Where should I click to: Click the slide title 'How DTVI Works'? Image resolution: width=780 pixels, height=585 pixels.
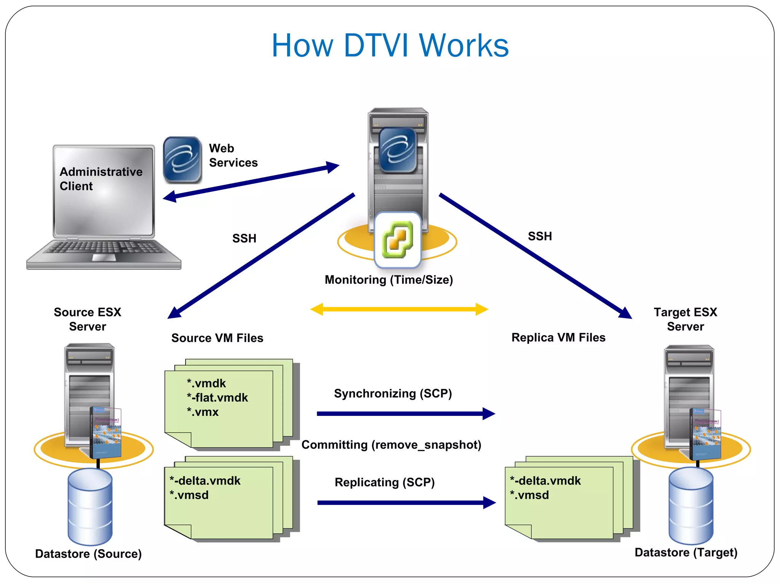point(390,45)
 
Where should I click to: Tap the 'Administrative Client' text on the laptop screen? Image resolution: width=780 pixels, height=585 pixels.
point(101,179)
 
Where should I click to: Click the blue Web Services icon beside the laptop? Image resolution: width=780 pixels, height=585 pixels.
point(182,160)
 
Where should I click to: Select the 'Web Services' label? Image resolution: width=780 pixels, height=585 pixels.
point(233,155)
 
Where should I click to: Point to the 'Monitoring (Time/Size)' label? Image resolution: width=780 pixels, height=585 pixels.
point(388,280)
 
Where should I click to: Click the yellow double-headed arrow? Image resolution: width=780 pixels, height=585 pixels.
point(399,309)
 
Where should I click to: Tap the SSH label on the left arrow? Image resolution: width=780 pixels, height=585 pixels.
point(244,238)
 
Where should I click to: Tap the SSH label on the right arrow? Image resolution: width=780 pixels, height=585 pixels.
point(540,236)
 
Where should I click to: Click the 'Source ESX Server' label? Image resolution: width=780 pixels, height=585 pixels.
point(87,319)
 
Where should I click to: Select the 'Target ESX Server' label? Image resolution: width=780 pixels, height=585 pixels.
point(685,319)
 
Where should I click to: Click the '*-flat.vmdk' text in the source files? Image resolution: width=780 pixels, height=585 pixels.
point(217,398)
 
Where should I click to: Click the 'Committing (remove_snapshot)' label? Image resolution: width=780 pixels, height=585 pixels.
point(391,444)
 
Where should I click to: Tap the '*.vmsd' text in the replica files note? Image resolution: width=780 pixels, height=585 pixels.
point(529,495)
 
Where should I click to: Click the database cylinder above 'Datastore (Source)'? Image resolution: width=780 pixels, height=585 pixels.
point(90,507)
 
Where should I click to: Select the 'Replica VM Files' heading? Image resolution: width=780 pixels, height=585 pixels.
point(558,337)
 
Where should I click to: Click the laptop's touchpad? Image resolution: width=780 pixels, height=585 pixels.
point(104,258)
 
